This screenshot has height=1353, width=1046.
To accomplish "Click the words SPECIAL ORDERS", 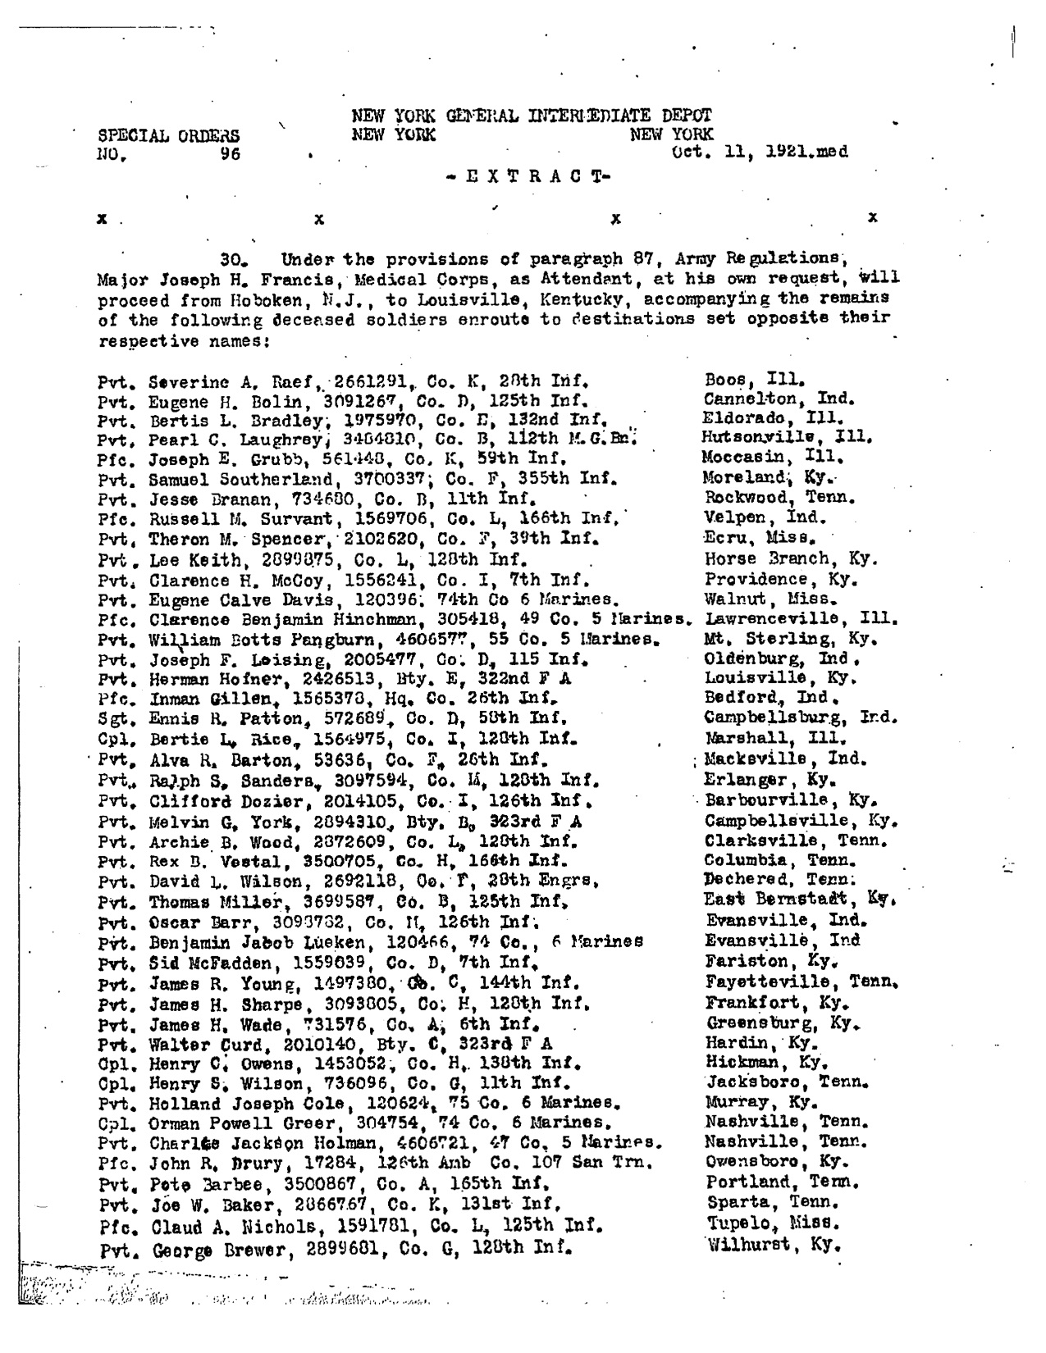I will [x=169, y=136].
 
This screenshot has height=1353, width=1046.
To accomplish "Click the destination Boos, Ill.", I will [x=754, y=380].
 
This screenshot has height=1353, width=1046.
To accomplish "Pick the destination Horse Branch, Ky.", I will [x=791, y=559].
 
